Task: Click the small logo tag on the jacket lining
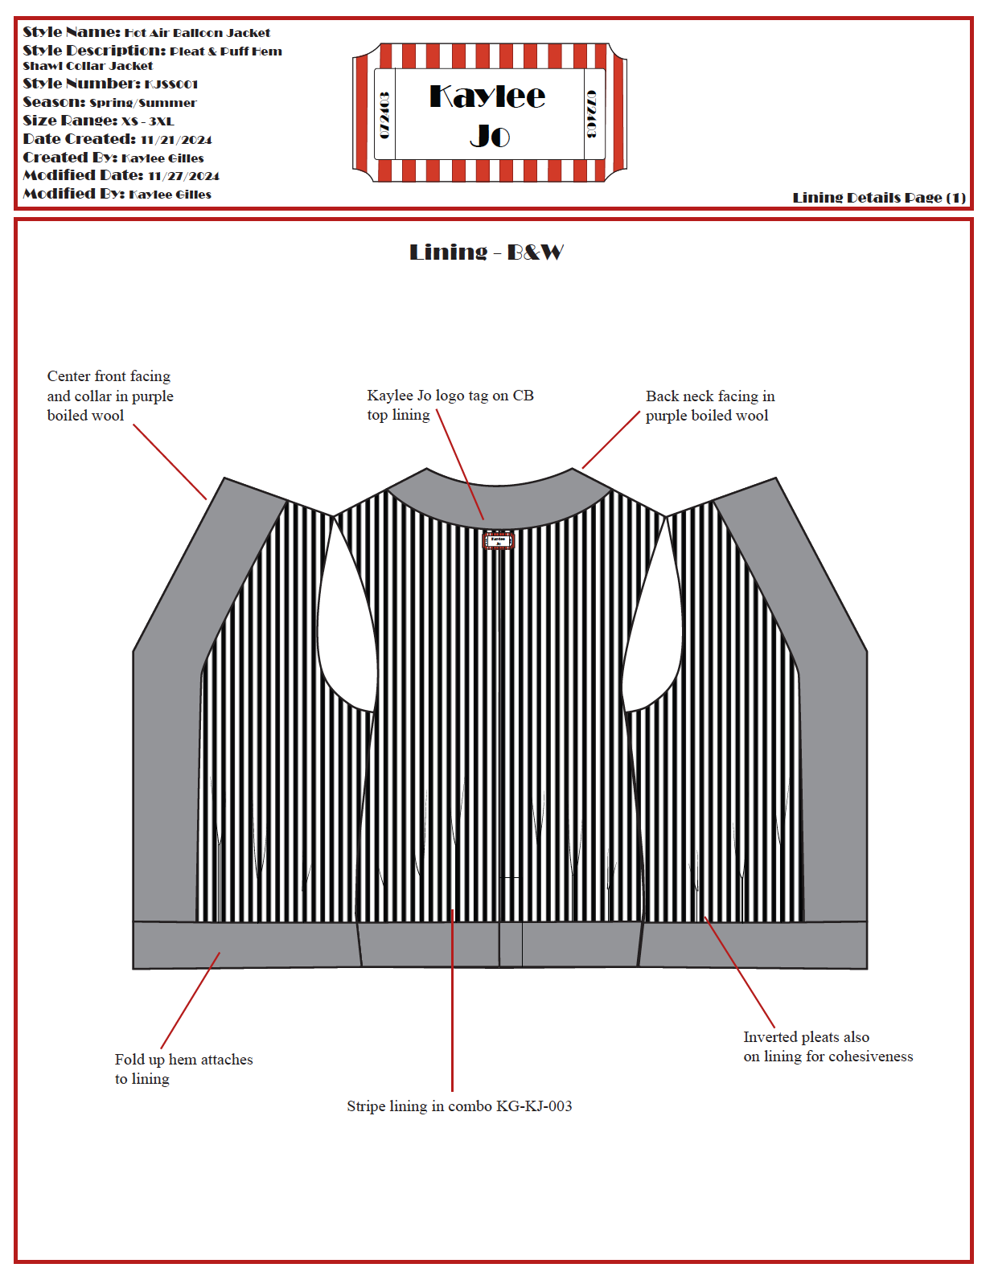[x=498, y=541]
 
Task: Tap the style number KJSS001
[x=171, y=84]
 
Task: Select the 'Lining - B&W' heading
[x=486, y=252]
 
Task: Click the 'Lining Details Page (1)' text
[x=878, y=198]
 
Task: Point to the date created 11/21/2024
[x=176, y=140]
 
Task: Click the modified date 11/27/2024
[x=183, y=176]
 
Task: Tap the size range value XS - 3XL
[x=147, y=121]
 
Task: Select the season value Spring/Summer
[x=142, y=103]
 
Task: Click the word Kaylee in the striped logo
[x=487, y=97]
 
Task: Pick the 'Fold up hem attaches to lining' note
[x=183, y=1069]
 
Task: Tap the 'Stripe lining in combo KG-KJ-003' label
[x=459, y=1106]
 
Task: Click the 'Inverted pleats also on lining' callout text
[x=828, y=1047]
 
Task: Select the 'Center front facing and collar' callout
[x=109, y=396]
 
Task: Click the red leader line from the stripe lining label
[x=453, y=1005]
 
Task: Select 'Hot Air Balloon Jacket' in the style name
[x=197, y=33]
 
